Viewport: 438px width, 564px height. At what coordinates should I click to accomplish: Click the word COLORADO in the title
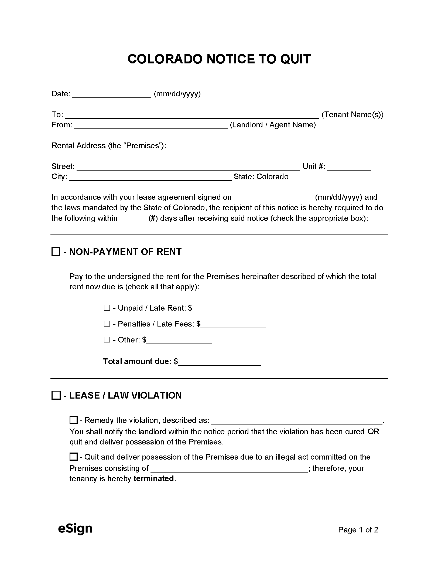coord(165,59)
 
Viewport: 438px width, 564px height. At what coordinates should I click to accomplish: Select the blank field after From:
coord(151,126)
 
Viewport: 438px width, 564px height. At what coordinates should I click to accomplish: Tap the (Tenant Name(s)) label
coord(352,115)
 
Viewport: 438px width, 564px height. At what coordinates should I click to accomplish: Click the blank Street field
coord(188,167)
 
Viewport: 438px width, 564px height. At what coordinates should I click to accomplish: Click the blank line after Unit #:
coord(349,167)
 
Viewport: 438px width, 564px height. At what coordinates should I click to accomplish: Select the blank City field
coord(150,178)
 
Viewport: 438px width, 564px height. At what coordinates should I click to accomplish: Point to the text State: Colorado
coord(261,177)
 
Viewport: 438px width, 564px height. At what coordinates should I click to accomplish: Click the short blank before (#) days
coord(133,219)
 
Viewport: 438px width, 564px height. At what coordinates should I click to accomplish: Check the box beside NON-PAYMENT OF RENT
coord(56,252)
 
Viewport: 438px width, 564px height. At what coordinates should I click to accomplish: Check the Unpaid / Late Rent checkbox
coord(107,308)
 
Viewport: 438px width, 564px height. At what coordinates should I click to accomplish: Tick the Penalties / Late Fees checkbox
coord(107,324)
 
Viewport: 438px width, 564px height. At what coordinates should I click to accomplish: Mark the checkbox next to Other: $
coord(107,340)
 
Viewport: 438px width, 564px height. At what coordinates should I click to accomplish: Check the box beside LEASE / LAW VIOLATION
coord(56,396)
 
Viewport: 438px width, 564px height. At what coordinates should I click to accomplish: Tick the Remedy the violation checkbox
coord(73,420)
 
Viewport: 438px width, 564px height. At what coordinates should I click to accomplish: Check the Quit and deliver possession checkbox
coord(73,457)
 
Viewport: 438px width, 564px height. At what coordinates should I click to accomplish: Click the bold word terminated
coord(154,478)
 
